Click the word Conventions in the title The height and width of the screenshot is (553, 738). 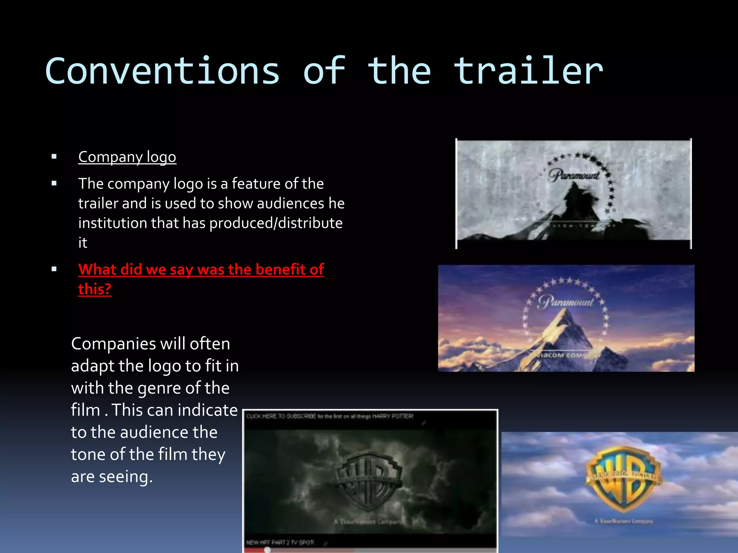[x=162, y=71]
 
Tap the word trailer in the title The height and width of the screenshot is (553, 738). [x=528, y=71]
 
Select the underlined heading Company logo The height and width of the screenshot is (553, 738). [x=127, y=157]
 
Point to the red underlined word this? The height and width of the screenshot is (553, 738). [x=95, y=289]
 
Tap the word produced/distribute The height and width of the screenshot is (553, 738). [x=276, y=223]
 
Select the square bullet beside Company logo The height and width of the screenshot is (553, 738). [x=54, y=157]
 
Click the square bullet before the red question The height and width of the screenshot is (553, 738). [x=54, y=269]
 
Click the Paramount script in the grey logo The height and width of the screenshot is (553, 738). [x=574, y=175]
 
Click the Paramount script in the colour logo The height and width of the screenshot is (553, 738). [x=565, y=302]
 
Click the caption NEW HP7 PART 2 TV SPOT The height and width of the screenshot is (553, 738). [x=280, y=542]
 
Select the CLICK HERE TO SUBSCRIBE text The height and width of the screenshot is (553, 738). [x=281, y=416]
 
